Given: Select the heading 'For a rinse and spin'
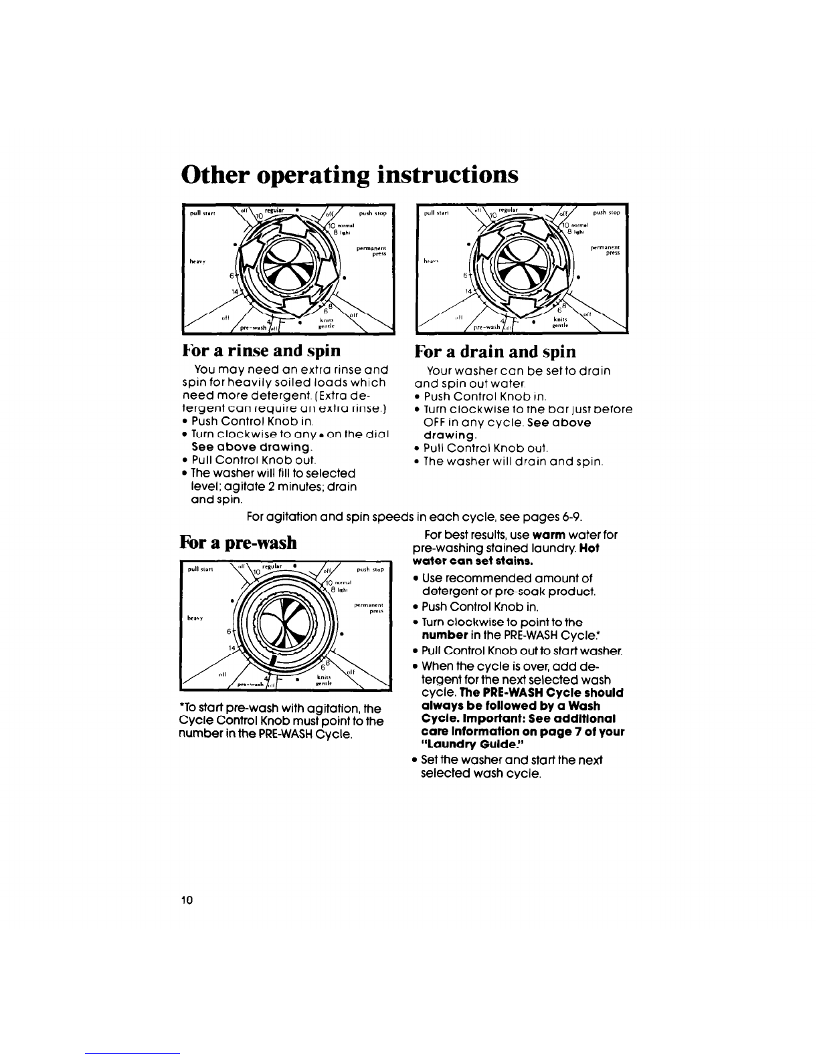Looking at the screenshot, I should point(261,350).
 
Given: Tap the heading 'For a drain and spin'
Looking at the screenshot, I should point(495,351).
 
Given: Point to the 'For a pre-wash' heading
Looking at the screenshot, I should point(238,542).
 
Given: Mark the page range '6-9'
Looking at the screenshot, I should point(567,516).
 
